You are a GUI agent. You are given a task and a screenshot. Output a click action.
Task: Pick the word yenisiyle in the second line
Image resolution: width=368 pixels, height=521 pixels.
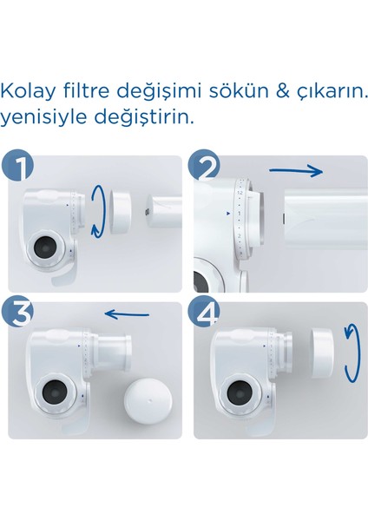pos(43,116)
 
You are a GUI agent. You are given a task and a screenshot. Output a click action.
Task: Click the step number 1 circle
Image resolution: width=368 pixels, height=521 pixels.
pos(19,168)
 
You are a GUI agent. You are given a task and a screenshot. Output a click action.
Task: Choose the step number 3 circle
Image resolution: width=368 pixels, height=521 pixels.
pos(19,316)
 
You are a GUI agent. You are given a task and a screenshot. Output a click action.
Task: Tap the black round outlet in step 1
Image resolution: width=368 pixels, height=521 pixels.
pos(43,251)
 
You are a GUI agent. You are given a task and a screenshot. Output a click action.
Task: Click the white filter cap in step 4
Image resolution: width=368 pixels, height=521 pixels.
pos(320,350)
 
